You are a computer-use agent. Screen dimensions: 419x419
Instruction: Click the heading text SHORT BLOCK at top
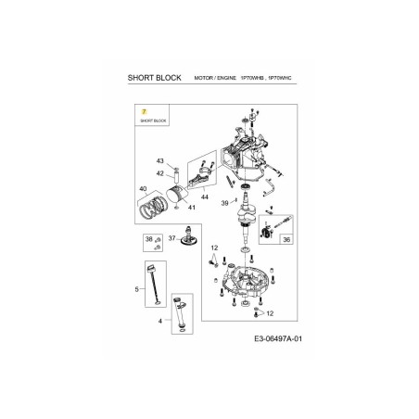click(x=152, y=81)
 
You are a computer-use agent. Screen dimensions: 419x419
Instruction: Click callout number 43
click(x=159, y=160)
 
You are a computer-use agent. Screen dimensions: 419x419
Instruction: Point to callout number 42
click(x=159, y=173)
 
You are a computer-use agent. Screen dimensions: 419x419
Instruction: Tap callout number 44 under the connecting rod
click(x=204, y=198)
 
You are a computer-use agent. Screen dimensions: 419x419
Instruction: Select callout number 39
click(x=224, y=203)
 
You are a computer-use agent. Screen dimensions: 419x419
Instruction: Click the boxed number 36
click(x=286, y=239)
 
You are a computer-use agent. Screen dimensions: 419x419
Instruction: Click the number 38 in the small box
click(x=147, y=240)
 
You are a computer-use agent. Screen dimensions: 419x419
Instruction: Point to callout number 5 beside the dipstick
click(x=135, y=290)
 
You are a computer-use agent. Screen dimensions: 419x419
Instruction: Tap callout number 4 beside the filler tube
click(x=161, y=320)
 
